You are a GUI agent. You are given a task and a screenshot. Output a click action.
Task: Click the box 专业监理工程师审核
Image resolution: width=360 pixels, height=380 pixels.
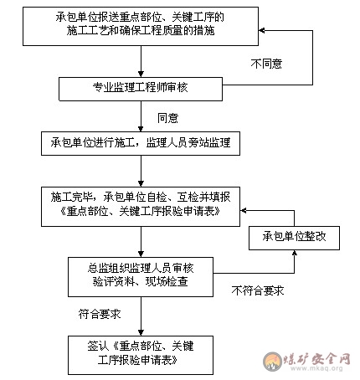(x=141, y=89)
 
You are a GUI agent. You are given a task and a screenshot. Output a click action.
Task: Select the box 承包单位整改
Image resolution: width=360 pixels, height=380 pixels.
(x=294, y=238)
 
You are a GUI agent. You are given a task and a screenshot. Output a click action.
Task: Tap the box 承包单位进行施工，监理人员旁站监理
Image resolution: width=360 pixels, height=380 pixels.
(x=141, y=143)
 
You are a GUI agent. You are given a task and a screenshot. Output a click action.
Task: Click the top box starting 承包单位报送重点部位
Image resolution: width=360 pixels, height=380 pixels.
(x=141, y=26)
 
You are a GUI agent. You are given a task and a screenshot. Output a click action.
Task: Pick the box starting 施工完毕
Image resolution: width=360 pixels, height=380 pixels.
(x=141, y=207)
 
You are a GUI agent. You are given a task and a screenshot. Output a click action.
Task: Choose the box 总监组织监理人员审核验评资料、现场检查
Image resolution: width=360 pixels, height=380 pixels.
(x=141, y=277)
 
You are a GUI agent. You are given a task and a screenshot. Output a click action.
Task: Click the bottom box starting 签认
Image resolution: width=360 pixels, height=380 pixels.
(x=141, y=355)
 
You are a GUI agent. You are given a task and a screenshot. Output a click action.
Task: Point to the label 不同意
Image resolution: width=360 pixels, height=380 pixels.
(x=266, y=64)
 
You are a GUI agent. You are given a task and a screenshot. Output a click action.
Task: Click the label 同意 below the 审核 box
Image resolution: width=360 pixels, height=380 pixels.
(x=167, y=118)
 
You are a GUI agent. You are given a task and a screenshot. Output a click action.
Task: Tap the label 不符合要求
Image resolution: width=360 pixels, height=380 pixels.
(x=258, y=290)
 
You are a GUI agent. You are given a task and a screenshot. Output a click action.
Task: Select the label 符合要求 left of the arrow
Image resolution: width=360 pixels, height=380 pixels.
(x=100, y=314)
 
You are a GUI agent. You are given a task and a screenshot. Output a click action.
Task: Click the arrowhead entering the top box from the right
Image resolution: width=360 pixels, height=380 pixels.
(x=261, y=30)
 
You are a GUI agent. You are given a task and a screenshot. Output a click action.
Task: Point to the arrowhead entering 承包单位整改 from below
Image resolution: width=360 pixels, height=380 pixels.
(x=294, y=253)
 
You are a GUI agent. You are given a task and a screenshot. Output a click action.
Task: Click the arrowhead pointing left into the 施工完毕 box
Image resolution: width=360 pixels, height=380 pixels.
(x=243, y=210)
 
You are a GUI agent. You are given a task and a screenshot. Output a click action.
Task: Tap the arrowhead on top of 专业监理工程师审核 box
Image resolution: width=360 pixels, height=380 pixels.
(x=141, y=74)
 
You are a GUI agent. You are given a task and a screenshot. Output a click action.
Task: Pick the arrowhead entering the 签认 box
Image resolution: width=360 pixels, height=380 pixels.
(x=141, y=333)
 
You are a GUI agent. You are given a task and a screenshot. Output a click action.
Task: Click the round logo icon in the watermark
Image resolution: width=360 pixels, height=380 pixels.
(x=272, y=362)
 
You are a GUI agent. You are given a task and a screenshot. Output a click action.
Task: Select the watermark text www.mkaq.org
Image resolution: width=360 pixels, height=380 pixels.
(x=316, y=368)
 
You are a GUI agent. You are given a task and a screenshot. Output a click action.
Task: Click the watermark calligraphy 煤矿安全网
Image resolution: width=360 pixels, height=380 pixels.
(x=316, y=359)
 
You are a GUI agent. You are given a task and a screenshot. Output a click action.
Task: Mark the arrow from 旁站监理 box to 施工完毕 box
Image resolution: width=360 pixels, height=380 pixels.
(x=141, y=171)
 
